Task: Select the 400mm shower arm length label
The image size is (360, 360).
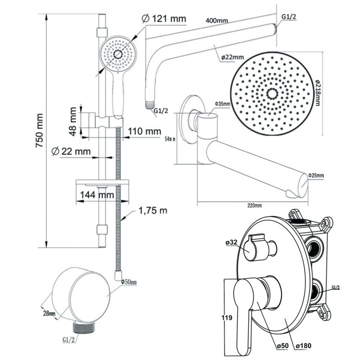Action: (x=216, y=21)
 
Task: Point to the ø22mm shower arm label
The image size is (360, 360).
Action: (x=232, y=57)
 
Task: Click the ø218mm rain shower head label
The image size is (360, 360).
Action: (x=318, y=90)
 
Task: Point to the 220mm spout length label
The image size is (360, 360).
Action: (x=254, y=206)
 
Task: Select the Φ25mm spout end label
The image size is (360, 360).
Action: (x=316, y=175)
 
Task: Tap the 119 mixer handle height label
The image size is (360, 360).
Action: (x=228, y=318)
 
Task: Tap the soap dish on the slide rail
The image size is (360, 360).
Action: (x=103, y=184)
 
